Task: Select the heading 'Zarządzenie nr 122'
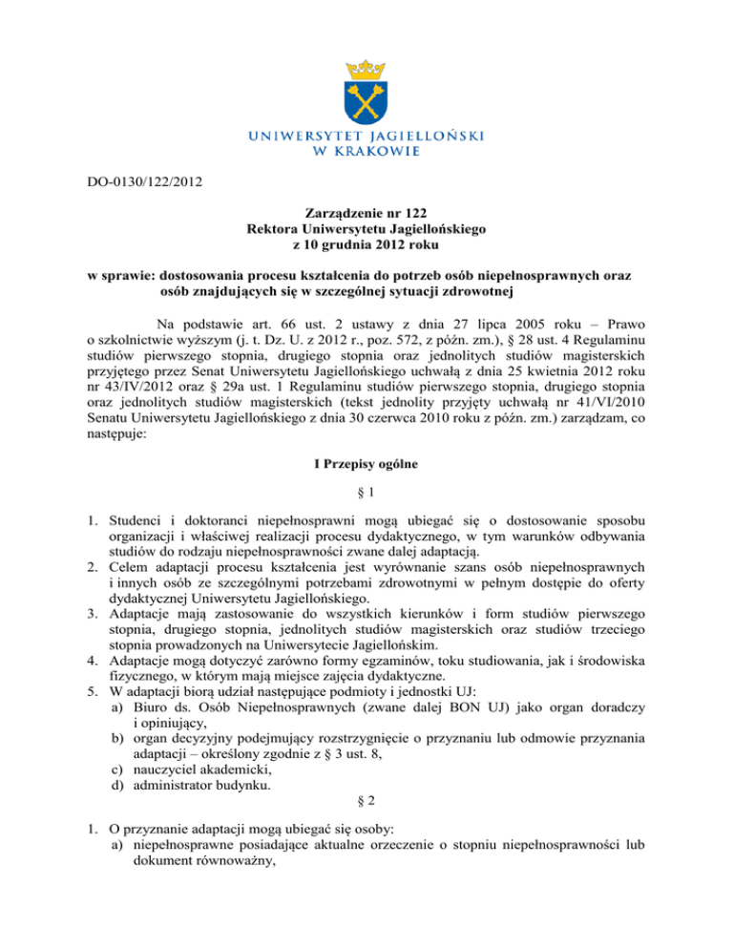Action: (x=366, y=214)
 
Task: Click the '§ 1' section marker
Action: (x=366, y=494)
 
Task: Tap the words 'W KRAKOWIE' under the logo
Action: (x=366, y=151)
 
